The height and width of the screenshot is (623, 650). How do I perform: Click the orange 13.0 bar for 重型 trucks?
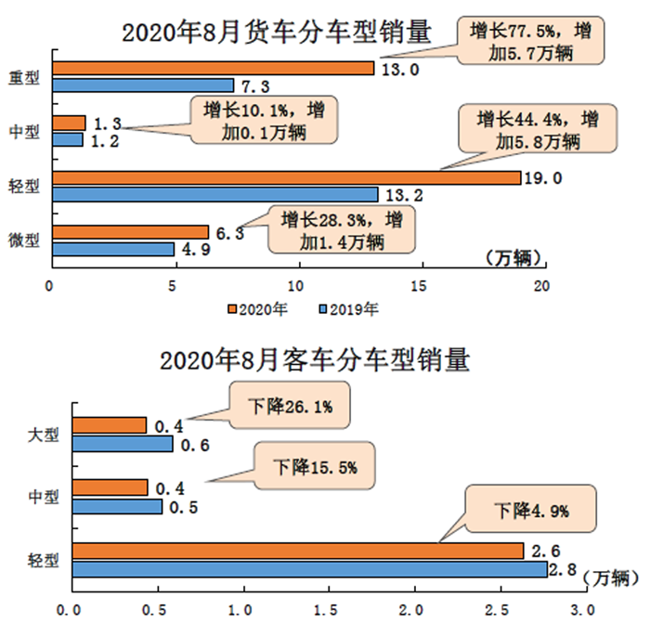point(213,68)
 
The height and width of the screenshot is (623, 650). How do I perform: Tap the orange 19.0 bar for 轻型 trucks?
point(286,177)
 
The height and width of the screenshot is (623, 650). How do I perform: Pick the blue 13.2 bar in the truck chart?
point(214,194)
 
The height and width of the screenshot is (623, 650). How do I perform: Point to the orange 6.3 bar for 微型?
point(130,232)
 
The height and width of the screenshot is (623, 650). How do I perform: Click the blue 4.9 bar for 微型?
point(112,249)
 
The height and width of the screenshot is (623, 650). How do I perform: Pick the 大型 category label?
point(44,434)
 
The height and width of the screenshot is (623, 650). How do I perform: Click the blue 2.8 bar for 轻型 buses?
point(309,568)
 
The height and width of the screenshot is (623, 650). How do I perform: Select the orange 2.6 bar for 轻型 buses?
point(298,552)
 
